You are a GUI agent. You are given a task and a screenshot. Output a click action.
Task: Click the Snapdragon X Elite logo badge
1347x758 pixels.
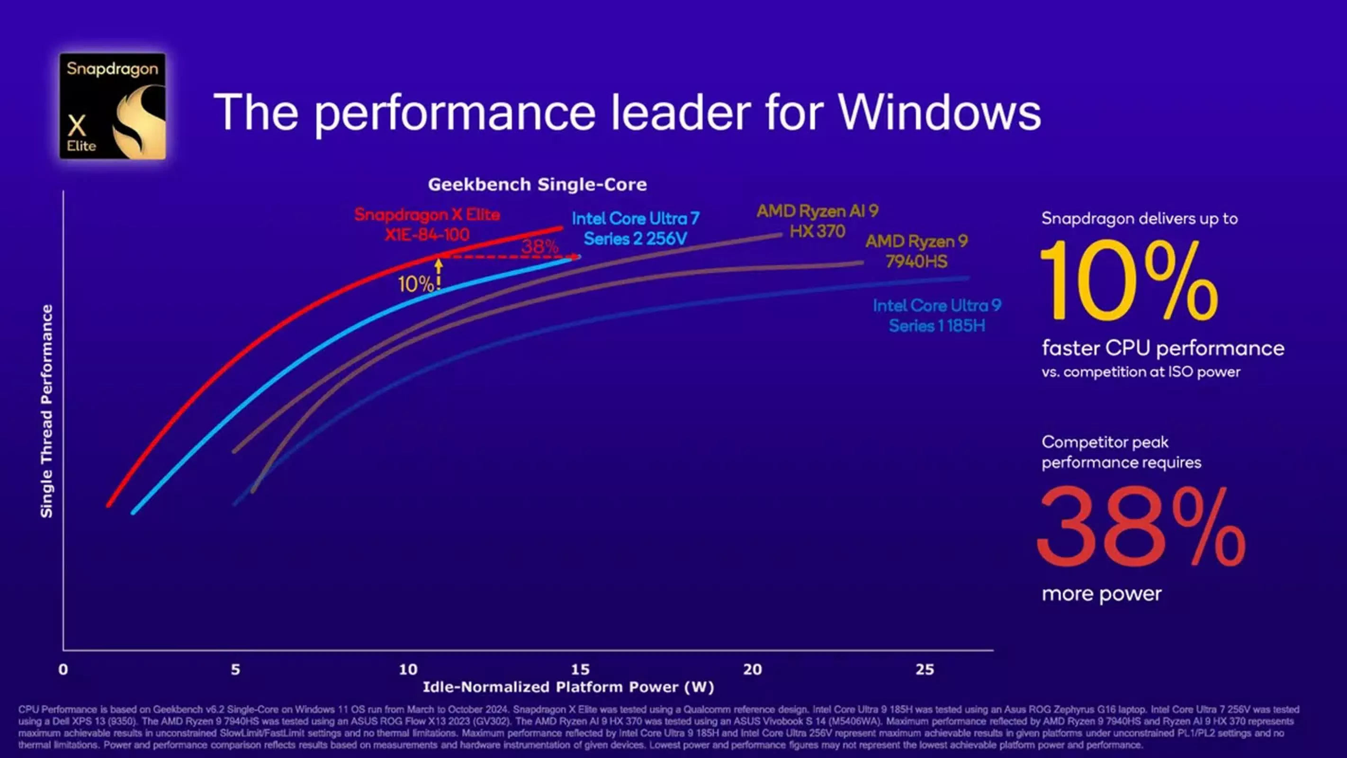coord(112,106)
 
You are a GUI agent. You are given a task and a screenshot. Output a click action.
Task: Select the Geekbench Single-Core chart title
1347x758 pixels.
coord(537,184)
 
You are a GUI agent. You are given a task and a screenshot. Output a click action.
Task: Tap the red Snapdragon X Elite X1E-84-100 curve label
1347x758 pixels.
coord(427,225)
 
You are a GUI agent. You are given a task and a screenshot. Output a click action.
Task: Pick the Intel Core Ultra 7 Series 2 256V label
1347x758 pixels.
coord(635,229)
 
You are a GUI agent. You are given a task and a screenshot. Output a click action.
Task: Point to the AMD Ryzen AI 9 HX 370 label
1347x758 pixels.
coord(817,221)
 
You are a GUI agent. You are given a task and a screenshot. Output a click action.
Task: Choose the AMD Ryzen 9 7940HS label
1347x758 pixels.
coord(916,251)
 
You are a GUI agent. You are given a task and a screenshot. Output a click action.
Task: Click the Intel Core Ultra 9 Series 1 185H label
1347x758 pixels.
coord(936,316)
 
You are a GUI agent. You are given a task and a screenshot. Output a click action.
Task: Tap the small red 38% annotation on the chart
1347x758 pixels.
coord(539,246)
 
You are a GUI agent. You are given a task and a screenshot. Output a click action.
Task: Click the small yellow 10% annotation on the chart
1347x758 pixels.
coord(415,284)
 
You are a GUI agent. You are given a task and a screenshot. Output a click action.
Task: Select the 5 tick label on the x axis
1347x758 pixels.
coord(235,669)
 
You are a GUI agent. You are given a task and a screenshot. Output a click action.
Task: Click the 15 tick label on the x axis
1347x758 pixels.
coord(580,669)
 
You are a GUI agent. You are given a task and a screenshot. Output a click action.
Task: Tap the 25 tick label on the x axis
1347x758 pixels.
coord(925,669)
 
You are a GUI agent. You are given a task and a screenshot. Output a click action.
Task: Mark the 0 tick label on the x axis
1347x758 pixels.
coord(63,669)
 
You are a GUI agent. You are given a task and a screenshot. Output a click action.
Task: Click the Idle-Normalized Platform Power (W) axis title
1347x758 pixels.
coord(568,687)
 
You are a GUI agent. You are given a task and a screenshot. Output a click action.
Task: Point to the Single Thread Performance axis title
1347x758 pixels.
coord(46,411)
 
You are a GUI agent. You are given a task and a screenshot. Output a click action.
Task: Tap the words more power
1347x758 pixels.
coord(1101,594)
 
